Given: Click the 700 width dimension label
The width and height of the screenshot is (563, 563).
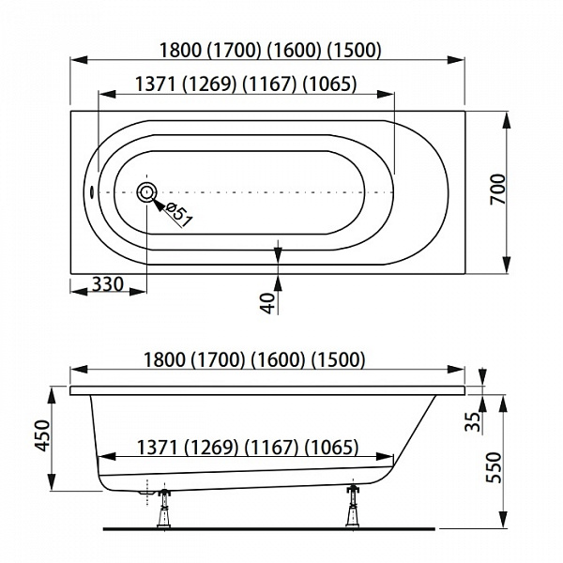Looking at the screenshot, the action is [497, 190].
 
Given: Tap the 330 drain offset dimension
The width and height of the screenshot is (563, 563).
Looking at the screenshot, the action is [108, 284].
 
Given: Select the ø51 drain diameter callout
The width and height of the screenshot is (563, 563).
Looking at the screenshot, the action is [180, 215].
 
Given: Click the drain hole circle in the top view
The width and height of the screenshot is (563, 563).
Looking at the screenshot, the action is [146, 192].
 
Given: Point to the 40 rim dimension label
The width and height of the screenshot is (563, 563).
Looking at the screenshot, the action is [267, 303].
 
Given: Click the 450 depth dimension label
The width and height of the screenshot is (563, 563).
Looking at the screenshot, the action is [43, 435].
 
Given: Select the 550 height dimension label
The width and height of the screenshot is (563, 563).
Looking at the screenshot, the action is [493, 467].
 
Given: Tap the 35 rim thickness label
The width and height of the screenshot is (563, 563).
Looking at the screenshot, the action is [473, 421].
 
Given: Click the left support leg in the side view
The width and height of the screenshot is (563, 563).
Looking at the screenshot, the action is [164, 507].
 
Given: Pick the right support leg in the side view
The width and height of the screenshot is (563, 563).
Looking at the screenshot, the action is [353, 506].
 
